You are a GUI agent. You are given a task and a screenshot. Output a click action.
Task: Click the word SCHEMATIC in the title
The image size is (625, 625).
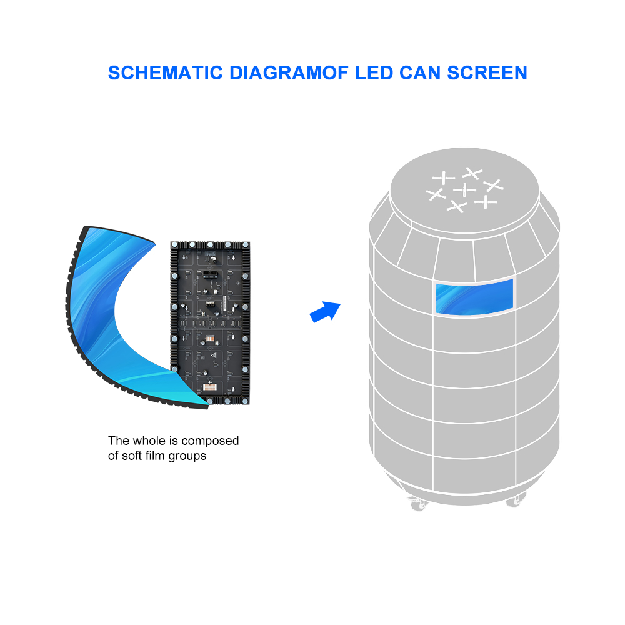tap(166, 73)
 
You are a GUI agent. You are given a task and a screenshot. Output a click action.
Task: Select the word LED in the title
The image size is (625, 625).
tap(374, 73)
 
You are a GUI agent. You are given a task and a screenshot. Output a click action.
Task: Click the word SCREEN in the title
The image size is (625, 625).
tap(487, 73)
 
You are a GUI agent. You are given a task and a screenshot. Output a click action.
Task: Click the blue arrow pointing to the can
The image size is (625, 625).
tap(325, 312)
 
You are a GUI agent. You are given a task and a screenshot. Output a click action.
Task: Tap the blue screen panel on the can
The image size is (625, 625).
tap(474, 297)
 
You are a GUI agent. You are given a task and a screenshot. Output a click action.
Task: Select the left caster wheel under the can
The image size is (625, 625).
tap(418, 504)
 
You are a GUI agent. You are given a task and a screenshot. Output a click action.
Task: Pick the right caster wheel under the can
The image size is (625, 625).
tap(516, 500)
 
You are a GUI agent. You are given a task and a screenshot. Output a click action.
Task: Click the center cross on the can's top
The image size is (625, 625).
tap(465, 190)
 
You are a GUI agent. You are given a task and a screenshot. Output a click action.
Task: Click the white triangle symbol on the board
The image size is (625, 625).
tap(214, 355)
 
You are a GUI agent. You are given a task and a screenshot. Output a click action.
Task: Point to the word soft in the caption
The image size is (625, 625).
tap(132, 456)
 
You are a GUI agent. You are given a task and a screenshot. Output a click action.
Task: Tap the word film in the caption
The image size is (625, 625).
tap(155, 456)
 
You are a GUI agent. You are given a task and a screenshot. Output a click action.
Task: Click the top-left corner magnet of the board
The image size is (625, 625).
tap(174, 245)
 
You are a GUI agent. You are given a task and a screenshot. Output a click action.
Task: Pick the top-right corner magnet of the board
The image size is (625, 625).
tap(246, 245)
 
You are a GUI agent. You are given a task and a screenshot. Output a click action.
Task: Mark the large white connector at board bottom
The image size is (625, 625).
tap(209, 387)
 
